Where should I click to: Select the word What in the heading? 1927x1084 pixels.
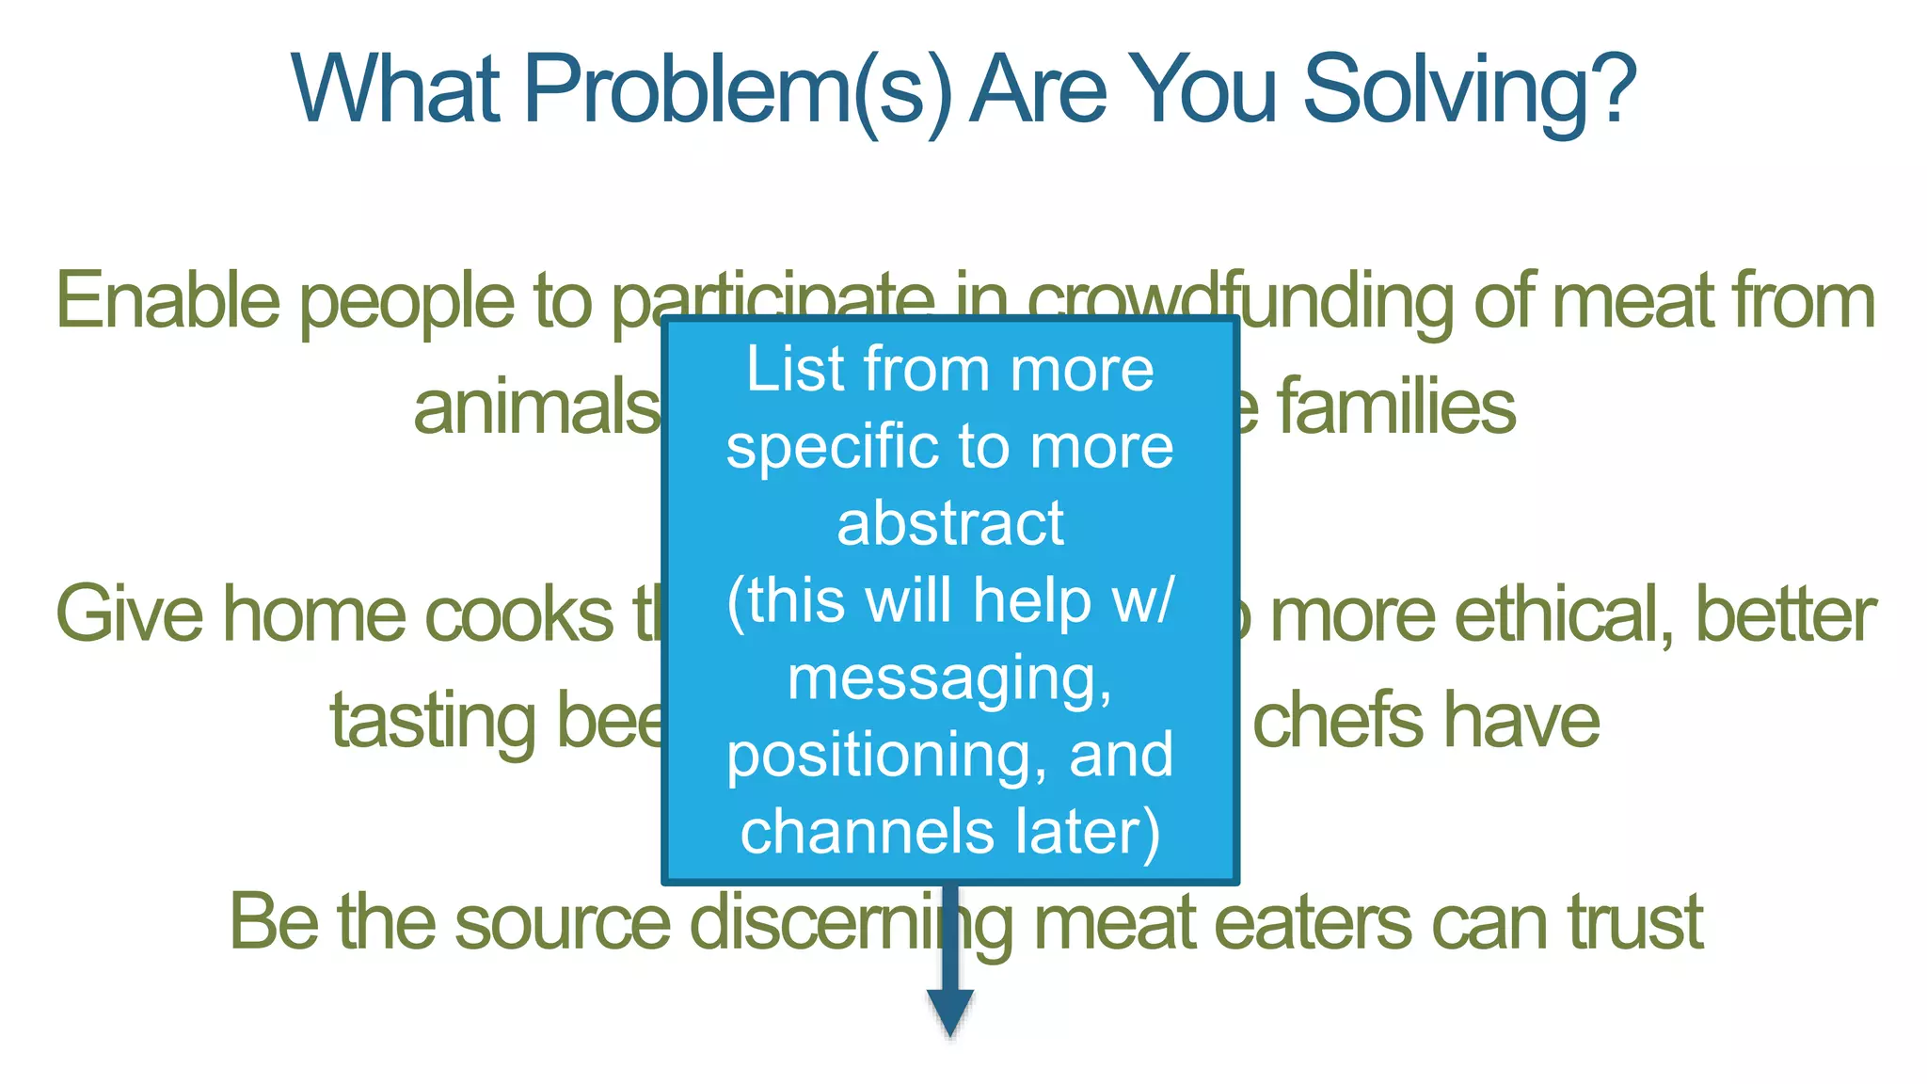point(395,89)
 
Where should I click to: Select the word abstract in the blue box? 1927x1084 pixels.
point(950,523)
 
